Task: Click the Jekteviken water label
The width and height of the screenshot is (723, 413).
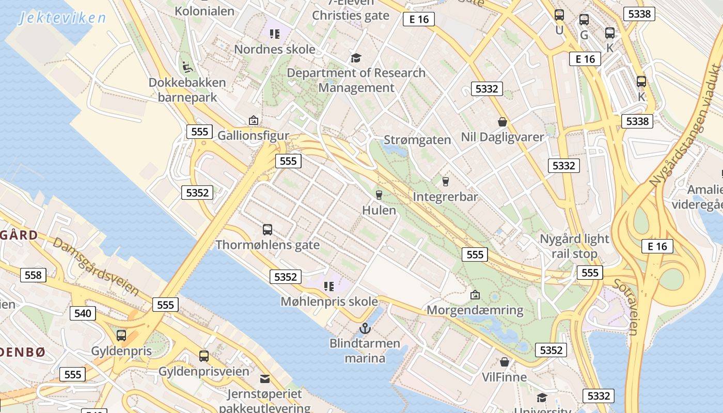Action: click(x=62, y=18)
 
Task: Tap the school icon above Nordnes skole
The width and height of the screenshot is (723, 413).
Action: click(x=274, y=34)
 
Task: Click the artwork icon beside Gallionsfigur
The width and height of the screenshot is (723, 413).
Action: click(x=253, y=120)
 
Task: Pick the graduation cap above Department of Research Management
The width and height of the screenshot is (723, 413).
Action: click(x=356, y=57)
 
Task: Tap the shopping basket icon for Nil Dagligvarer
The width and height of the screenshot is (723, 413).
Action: click(x=502, y=122)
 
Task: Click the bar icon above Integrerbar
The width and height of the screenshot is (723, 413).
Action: click(x=445, y=181)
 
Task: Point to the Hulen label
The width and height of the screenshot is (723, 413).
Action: click(x=379, y=210)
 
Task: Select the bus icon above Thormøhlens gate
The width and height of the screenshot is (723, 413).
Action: click(x=268, y=230)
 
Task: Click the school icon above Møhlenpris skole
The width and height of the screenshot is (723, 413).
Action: click(x=328, y=286)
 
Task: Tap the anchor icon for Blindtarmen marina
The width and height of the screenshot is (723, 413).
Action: click(x=365, y=328)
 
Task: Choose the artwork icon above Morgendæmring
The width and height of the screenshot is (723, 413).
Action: click(x=475, y=295)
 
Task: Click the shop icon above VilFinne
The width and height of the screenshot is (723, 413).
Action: click(x=504, y=362)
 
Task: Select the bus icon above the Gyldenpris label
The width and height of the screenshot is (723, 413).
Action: click(x=121, y=336)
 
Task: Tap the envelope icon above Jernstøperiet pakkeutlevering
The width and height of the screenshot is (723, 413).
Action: click(x=264, y=379)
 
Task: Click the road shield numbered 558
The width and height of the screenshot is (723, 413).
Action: click(x=33, y=275)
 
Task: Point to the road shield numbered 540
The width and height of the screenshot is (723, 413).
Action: click(x=83, y=313)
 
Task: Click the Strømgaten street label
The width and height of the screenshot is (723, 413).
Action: click(x=417, y=140)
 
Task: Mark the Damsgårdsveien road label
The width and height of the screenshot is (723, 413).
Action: click(x=96, y=267)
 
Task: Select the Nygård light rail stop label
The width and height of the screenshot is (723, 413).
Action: click(x=574, y=246)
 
